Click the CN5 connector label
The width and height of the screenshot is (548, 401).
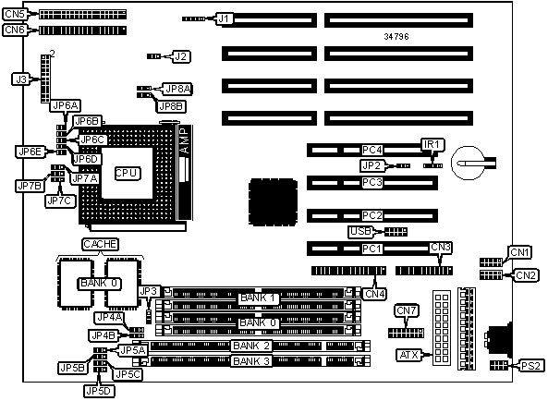point(15,15)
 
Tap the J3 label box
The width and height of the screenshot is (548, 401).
point(21,79)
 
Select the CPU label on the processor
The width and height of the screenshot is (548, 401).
point(128,174)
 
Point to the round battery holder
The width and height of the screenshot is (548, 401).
point(468,164)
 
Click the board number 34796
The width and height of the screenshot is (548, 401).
point(396,36)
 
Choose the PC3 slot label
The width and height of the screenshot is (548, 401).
point(372,183)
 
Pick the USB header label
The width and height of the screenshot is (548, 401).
point(360,231)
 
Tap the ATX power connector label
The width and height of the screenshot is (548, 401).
point(408,355)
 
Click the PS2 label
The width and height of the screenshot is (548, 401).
point(530,366)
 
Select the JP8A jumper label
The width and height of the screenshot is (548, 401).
point(178,89)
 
